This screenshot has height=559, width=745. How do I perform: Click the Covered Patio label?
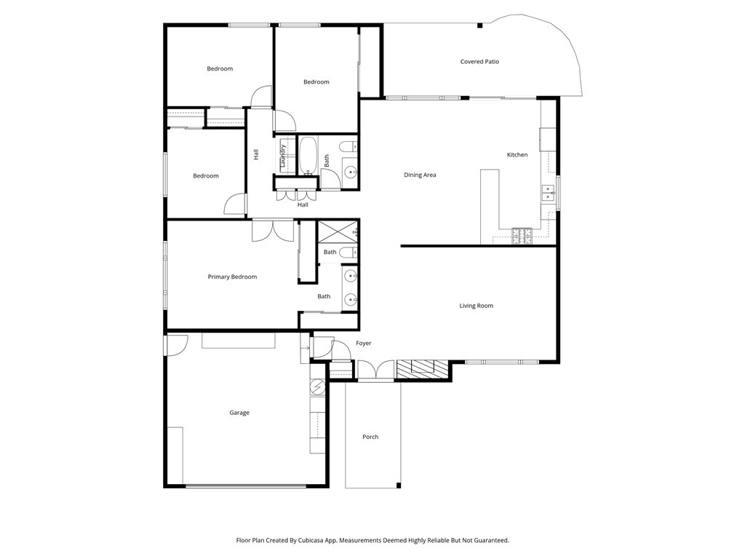[x=479, y=62]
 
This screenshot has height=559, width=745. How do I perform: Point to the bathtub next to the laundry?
[x=308, y=156]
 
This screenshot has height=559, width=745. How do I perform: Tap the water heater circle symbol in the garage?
[x=317, y=386]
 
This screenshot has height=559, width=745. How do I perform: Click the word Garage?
[x=239, y=413]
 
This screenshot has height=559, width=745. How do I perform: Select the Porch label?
[x=370, y=437]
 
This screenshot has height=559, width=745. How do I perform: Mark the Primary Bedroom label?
[x=232, y=277]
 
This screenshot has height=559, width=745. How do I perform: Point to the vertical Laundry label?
[x=282, y=156]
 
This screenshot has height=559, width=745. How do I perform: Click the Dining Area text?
[x=420, y=175]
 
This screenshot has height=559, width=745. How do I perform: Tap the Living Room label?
[x=476, y=306]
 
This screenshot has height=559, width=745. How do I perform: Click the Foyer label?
[x=363, y=343]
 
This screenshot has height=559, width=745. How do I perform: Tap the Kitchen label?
[x=517, y=155]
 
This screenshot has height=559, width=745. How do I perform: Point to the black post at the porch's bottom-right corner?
[x=398, y=485]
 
